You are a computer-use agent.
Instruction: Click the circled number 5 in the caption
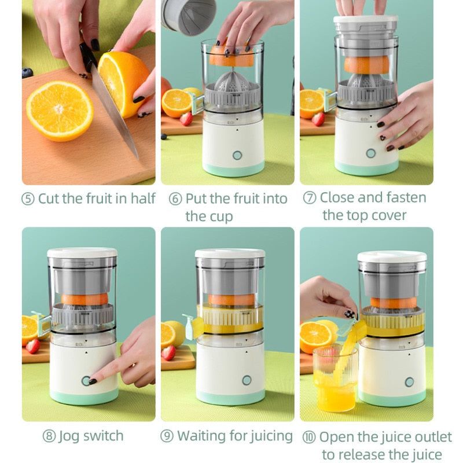(x=28, y=199)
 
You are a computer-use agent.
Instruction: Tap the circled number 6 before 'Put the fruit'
(x=175, y=199)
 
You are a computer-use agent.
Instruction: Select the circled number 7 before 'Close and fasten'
(x=310, y=198)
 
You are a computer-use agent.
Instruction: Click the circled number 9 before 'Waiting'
(x=167, y=436)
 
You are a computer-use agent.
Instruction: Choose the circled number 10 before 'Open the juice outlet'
(x=310, y=438)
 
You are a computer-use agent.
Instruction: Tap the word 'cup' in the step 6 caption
(x=219, y=217)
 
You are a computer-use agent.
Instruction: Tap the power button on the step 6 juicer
(x=237, y=155)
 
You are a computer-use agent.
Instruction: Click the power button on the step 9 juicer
(x=247, y=380)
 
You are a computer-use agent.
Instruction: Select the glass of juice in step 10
(x=335, y=379)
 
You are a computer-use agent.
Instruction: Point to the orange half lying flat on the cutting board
(x=60, y=110)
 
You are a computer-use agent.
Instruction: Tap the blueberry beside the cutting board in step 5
(x=27, y=73)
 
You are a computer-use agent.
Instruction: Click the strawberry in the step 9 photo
(x=169, y=352)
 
